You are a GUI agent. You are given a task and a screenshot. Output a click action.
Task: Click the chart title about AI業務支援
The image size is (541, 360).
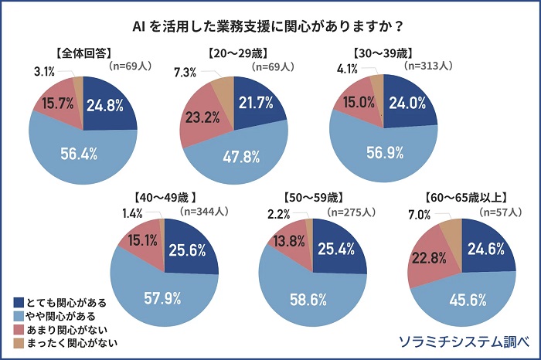click(270, 24)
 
